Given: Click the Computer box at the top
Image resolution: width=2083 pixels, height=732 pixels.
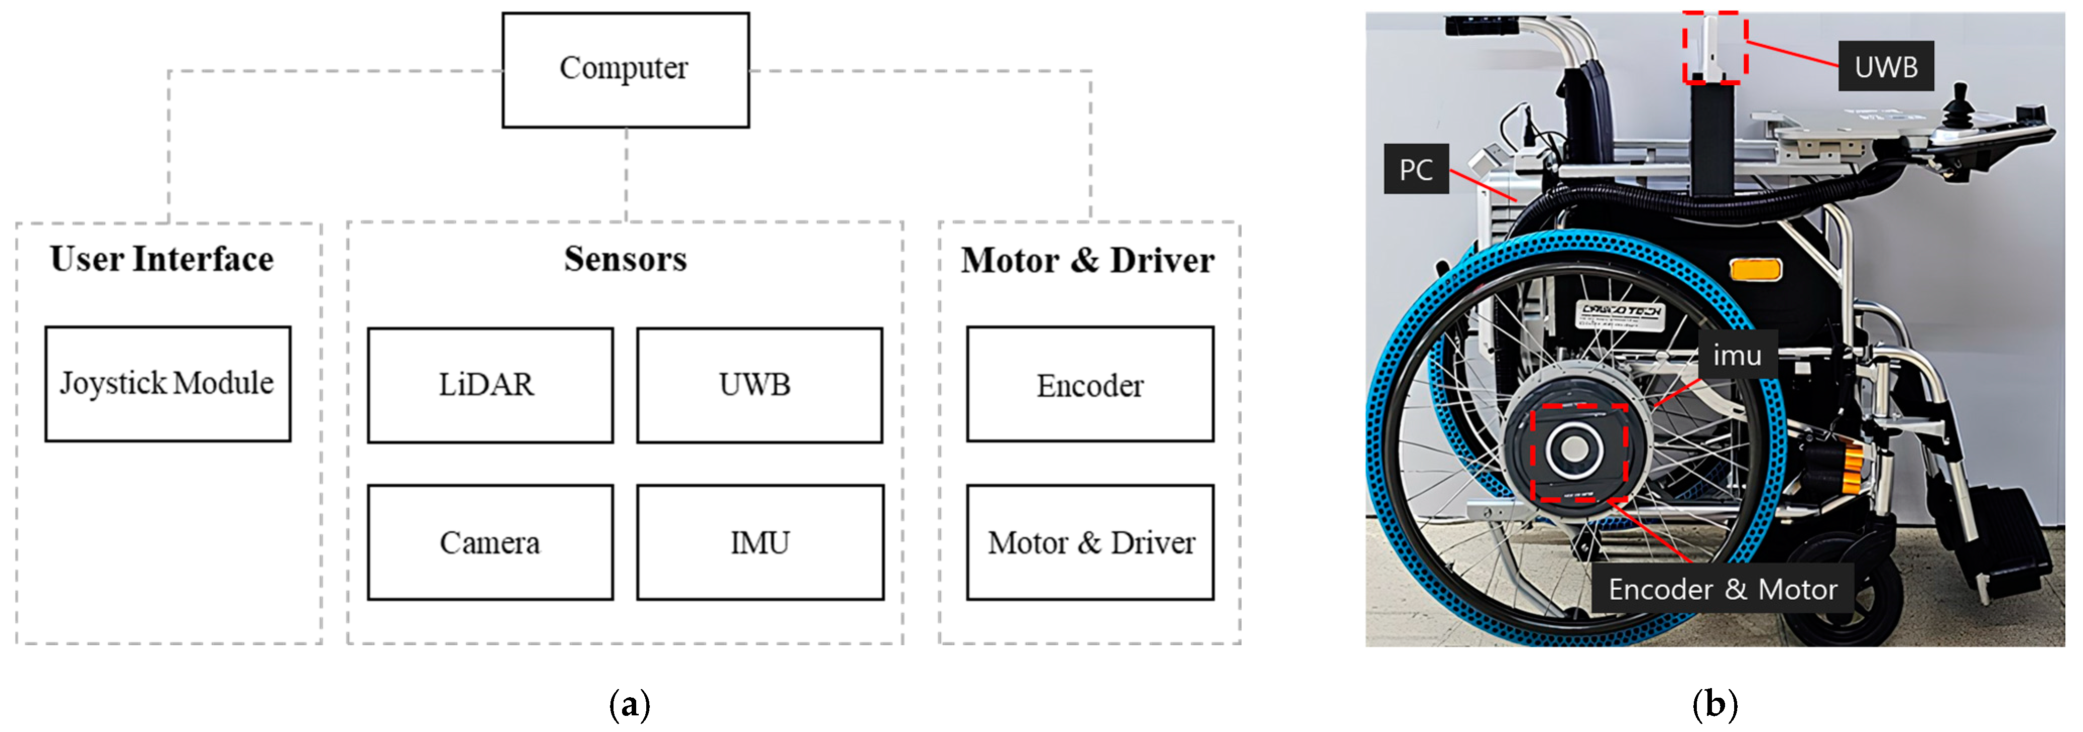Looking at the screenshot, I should (625, 70).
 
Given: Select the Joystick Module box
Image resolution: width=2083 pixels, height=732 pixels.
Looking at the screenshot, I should (167, 383).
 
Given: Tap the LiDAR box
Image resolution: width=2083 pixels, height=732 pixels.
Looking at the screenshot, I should (490, 385).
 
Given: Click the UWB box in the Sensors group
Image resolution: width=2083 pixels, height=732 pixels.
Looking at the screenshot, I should (759, 385).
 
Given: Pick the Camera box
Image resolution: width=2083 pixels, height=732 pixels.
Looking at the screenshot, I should (490, 542).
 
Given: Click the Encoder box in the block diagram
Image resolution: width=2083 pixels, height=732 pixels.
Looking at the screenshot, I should (1089, 384).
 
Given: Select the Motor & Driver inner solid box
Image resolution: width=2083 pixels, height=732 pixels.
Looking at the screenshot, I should (1089, 542).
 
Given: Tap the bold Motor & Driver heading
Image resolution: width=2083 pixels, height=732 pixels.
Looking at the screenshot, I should (1087, 260).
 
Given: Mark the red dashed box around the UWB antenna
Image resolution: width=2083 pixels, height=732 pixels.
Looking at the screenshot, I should (1714, 47).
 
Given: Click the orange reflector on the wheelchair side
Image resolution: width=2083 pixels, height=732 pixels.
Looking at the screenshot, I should (1755, 269).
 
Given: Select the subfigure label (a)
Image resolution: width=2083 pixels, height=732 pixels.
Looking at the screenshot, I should (629, 704).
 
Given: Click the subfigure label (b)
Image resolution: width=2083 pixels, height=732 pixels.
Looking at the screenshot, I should (1714, 704).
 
